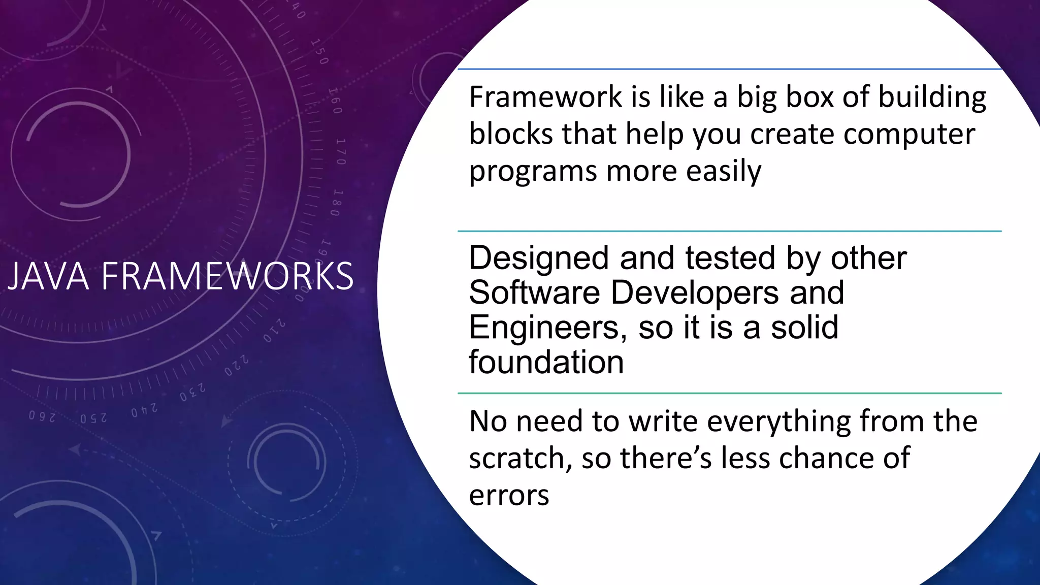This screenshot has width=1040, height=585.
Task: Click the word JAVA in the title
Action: (x=48, y=276)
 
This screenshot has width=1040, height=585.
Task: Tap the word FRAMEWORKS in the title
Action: (x=227, y=276)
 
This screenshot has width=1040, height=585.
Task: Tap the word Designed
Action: (x=538, y=258)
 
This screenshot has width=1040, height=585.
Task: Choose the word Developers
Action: (x=694, y=293)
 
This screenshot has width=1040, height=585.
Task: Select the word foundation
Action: (x=546, y=362)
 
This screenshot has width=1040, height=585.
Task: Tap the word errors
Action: (x=508, y=495)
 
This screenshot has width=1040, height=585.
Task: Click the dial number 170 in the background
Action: (x=340, y=151)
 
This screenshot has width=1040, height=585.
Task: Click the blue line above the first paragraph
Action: (x=729, y=69)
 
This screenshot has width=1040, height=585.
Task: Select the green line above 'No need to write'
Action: (x=729, y=393)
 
